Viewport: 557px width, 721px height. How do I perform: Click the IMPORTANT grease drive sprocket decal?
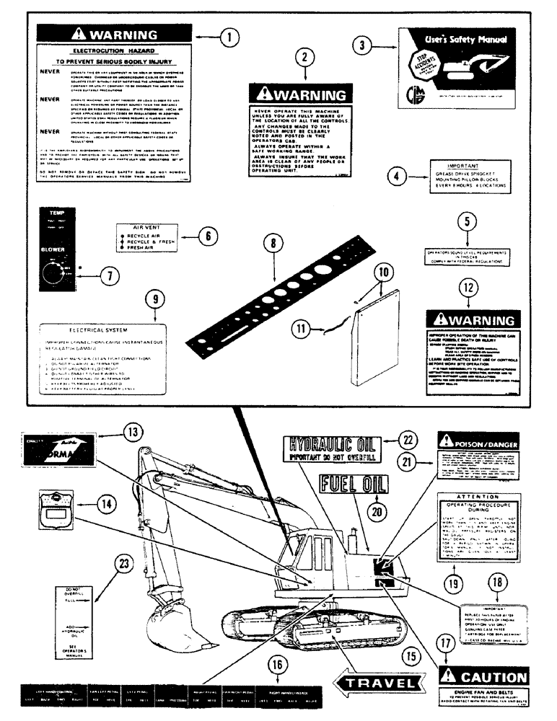[x=475, y=177]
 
